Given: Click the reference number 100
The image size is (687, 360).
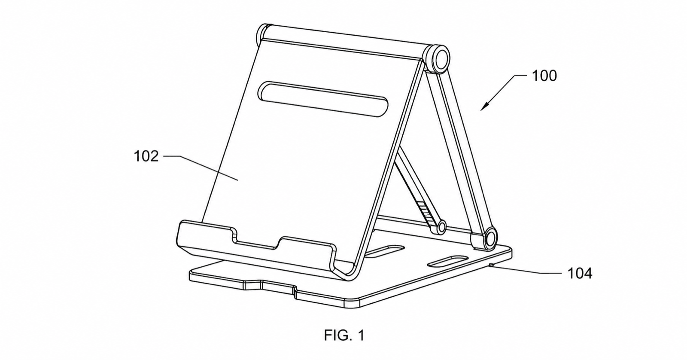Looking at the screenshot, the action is pyautogui.click(x=544, y=76).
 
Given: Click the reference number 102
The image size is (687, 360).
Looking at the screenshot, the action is pyautogui.click(x=146, y=156).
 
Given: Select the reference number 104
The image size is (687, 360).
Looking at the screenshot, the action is pyautogui.click(x=580, y=273).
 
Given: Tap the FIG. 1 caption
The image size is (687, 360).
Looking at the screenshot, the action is pyautogui.click(x=344, y=335).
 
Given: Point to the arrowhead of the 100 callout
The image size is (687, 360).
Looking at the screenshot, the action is pyautogui.click(x=483, y=107).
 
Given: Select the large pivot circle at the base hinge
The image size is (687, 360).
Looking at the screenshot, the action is pyautogui.click(x=490, y=238).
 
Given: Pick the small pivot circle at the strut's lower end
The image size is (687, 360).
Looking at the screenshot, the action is pyautogui.click(x=441, y=227).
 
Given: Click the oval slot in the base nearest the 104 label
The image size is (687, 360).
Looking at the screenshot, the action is pyautogui.click(x=447, y=261).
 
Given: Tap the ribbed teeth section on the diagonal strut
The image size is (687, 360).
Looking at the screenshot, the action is pyautogui.click(x=424, y=209).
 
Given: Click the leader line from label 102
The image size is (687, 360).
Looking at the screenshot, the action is pyautogui.click(x=201, y=168).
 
